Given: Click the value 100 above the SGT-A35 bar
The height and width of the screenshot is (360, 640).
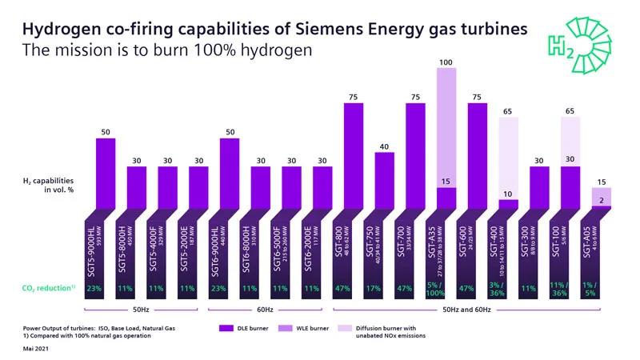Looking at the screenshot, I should [x=446, y=61].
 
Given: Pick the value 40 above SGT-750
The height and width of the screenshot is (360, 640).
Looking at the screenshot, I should [x=385, y=146].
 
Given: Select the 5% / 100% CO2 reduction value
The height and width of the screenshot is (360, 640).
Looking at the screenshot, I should [x=446, y=288].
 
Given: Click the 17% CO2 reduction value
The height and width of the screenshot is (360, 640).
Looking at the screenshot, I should [x=385, y=288].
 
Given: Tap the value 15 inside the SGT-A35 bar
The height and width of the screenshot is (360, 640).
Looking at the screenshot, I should [x=446, y=182].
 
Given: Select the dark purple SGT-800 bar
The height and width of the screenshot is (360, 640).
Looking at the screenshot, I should [x=354, y=156].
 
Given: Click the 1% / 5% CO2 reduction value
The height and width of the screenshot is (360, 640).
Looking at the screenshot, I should [x=601, y=288].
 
